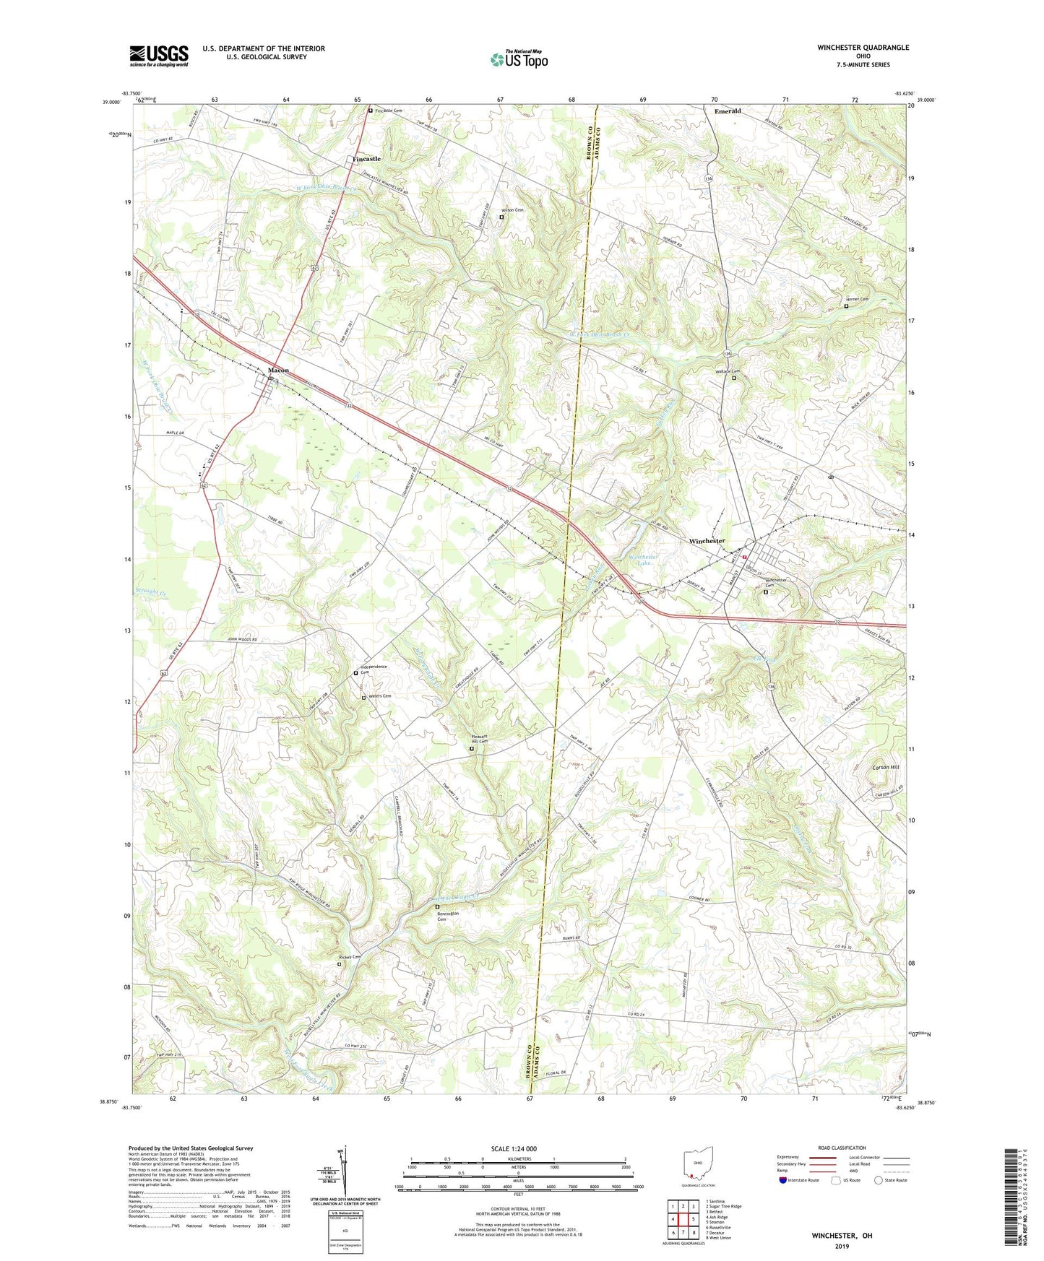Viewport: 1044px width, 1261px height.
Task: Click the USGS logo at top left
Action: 159,56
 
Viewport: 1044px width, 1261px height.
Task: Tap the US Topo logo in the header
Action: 518,59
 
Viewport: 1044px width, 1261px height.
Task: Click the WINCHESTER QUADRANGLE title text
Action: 863,48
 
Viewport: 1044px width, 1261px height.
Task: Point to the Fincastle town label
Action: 366,159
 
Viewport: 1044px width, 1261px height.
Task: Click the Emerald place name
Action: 727,111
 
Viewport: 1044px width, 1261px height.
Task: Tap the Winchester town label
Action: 706,541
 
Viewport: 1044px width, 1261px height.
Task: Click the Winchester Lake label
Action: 642,560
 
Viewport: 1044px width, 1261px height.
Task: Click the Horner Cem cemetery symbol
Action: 846,306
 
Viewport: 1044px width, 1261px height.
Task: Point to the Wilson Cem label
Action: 513,210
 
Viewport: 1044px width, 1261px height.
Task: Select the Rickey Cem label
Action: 350,957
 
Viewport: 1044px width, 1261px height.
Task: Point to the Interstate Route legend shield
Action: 783,1180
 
